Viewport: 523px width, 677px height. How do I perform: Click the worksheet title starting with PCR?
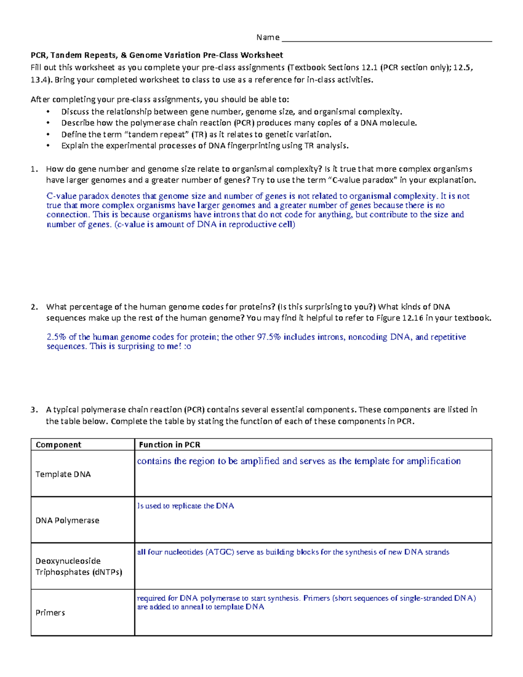156,55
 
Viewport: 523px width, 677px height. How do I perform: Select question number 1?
34,169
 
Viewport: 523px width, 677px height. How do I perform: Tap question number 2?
34,307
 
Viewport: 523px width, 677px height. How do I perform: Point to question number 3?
34,410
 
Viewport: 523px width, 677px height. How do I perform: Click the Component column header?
58,445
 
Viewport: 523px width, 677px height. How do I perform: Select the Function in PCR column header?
170,445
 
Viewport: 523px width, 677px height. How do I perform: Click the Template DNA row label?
63,474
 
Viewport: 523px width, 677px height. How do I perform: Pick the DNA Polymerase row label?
67,521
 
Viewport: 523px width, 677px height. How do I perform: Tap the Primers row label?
50,612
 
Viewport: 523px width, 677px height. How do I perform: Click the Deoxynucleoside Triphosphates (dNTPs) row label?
78,566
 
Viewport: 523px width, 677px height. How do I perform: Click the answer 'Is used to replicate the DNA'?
185,506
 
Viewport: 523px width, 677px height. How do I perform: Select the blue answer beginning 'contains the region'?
299,461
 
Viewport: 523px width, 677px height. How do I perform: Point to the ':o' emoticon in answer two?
187,347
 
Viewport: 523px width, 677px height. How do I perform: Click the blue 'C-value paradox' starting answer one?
78,196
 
